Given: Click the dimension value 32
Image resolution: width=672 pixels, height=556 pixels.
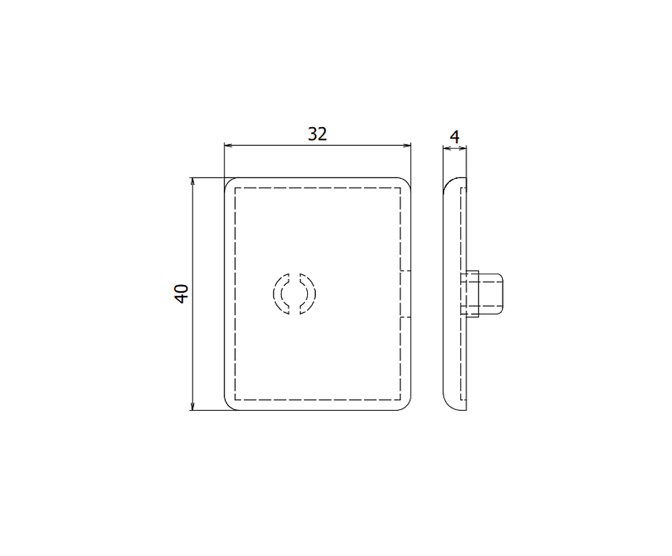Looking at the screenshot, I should pos(317,134).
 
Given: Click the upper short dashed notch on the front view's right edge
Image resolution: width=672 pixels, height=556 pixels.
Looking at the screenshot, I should pos(406,272).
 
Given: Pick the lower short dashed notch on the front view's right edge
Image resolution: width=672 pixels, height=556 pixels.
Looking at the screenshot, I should pos(406,317).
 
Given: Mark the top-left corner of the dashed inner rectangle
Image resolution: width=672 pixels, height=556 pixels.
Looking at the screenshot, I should pos(235,188).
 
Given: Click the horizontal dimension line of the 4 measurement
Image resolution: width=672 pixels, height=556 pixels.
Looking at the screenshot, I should pos(454,149).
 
